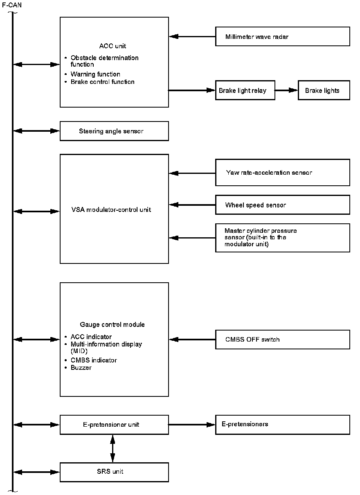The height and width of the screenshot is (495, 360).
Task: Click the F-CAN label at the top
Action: coord(12,5)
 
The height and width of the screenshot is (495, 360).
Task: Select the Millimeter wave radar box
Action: coord(282,36)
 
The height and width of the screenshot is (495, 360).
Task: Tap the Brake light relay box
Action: coord(245,90)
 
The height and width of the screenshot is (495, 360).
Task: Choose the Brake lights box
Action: coord(324,90)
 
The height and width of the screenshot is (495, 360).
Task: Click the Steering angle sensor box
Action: coord(114,131)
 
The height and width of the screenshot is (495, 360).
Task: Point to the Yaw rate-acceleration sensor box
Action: coord(282,172)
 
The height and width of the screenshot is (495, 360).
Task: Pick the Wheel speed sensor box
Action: coord(282,205)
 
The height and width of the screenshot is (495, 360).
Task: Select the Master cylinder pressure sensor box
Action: coord(282,238)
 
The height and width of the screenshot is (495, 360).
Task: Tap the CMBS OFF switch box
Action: coord(282,340)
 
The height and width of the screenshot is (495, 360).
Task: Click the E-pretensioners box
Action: coord(282,425)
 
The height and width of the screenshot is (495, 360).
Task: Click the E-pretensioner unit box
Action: coord(114,425)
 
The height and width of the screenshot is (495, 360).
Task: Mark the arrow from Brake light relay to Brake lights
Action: coord(286,90)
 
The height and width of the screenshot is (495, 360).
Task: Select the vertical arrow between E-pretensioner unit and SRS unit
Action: coord(112,448)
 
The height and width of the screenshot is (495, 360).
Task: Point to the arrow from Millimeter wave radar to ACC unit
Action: coord(192,36)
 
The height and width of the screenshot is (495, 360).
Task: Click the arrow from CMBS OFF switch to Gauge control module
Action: coord(192,340)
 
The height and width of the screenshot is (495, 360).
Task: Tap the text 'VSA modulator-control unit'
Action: coord(111,209)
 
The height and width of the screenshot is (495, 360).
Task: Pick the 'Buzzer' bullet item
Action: coord(81,367)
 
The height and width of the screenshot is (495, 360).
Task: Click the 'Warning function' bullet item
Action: coord(95,74)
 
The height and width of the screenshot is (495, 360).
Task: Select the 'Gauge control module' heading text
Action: coord(112,324)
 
